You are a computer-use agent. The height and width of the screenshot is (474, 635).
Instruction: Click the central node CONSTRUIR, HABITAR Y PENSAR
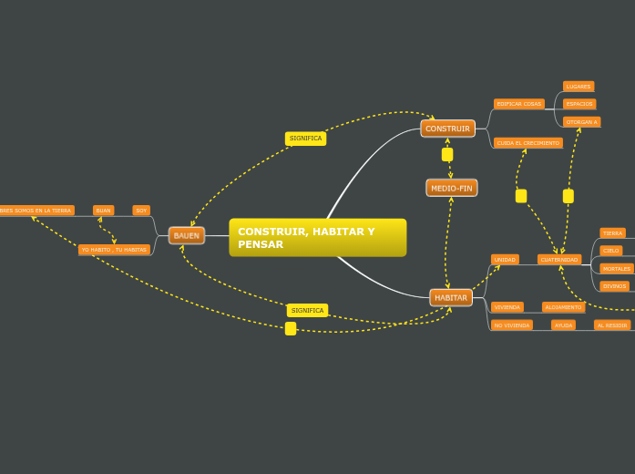click(x=317, y=238)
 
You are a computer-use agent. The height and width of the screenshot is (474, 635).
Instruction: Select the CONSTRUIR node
click(x=447, y=129)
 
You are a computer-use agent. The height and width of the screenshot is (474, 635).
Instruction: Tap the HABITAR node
click(x=451, y=297)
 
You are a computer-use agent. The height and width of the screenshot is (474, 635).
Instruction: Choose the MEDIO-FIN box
click(x=452, y=188)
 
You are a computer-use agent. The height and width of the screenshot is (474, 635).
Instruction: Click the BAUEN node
click(x=187, y=235)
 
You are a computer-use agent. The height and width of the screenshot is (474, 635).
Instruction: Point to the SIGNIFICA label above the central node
click(x=305, y=139)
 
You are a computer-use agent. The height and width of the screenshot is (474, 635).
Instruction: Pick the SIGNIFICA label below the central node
click(x=307, y=310)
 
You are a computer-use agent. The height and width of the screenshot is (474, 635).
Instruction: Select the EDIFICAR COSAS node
click(x=519, y=104)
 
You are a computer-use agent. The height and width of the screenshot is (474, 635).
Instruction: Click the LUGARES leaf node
click(x=579, y=87)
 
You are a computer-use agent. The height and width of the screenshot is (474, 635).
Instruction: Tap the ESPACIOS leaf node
click(x=579, y=104)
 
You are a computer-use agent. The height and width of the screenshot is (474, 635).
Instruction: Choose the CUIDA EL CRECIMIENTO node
click(x=528, y=143)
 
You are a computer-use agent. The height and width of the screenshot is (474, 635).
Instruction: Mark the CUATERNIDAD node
click(x=559, y=260)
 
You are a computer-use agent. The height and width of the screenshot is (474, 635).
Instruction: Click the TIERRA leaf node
click(x=613, y=233)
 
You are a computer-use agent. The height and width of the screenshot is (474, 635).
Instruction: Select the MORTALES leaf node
click(x=617, y=269)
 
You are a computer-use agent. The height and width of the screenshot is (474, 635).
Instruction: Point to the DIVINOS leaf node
click(x=615, y=286)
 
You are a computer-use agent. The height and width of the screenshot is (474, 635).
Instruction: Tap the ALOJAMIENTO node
click(x=564, y=307)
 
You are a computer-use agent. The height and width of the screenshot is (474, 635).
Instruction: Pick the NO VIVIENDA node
click(x=512, y=325)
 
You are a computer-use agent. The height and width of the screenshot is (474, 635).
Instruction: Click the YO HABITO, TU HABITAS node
click(x=114, y=250)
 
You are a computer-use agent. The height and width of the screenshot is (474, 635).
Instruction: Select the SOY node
click(x=141, y=211)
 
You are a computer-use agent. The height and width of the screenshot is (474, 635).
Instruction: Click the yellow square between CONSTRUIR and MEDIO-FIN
click(x=447, y=155)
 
